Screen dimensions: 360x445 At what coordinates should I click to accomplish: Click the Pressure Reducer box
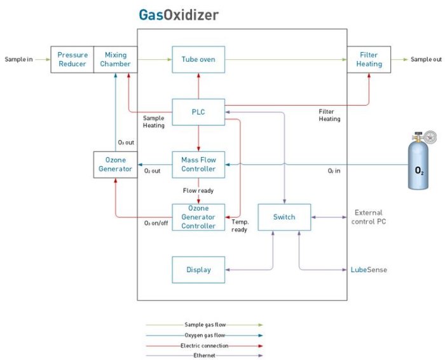pos(72,59)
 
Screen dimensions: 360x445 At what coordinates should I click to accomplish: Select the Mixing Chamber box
pos(115,59)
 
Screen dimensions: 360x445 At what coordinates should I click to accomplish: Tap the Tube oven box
pos(198,59)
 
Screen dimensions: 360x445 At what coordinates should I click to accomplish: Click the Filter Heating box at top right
pos(369,59)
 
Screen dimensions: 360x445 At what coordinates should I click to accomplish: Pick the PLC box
pos(198,112)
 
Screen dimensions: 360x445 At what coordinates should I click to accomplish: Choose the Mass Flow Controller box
pos(198,164)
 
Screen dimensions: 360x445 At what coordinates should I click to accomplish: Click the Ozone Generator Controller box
pos(198,217)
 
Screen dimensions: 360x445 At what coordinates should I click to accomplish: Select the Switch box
pos(284,217)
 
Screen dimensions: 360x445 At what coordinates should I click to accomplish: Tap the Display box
pos(198,270)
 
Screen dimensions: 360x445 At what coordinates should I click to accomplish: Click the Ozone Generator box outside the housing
pos(115,164)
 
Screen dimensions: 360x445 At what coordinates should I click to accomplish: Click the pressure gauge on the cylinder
pos(432,136)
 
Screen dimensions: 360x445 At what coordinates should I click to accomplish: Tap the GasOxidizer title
pos(179,15)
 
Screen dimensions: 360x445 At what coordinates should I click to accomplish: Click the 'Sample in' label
pos(18,59)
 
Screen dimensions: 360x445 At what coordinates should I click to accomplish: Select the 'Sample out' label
pos(426,59)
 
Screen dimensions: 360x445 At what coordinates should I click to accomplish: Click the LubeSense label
pos(369,270)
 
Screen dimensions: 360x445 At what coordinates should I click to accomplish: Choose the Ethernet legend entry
pos(203,354)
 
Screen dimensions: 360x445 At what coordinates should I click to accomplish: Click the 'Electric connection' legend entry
pos(203,345)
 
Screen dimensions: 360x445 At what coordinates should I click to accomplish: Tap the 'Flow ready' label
pos(198,190)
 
